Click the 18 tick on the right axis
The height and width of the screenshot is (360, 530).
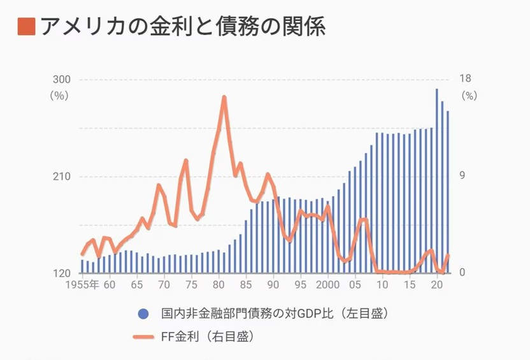point(465,79)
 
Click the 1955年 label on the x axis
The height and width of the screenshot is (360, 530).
point(81,285)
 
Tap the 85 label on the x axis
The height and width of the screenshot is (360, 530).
point(246,285)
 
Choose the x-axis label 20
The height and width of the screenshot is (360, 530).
point(437,285)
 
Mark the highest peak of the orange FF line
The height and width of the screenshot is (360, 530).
point(224,97)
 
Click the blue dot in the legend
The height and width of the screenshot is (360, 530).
point(143,313)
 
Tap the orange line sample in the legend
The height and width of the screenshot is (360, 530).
point(143,337)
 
